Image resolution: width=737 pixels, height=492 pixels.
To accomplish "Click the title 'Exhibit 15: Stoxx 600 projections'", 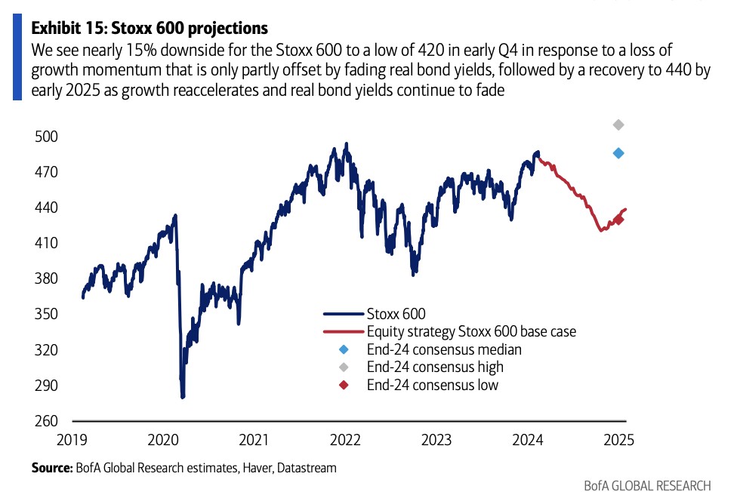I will point(150,29).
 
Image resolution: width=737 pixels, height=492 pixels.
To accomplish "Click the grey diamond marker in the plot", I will point(618,125).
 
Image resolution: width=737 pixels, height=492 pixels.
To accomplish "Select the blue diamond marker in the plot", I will point(618,153).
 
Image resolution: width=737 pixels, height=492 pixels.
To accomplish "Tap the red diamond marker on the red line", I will point(618,220).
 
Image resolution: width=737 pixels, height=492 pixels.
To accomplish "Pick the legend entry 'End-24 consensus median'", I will point(444,349).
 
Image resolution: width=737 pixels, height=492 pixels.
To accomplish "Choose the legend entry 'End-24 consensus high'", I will point(435,367).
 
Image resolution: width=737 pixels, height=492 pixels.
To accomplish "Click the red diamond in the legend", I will point(344,386).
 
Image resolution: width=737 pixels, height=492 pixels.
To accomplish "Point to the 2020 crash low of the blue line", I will point(183,396).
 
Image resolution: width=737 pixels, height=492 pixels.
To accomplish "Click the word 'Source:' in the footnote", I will point(51,469).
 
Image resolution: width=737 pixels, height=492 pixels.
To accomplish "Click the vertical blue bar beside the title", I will point(17,57).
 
